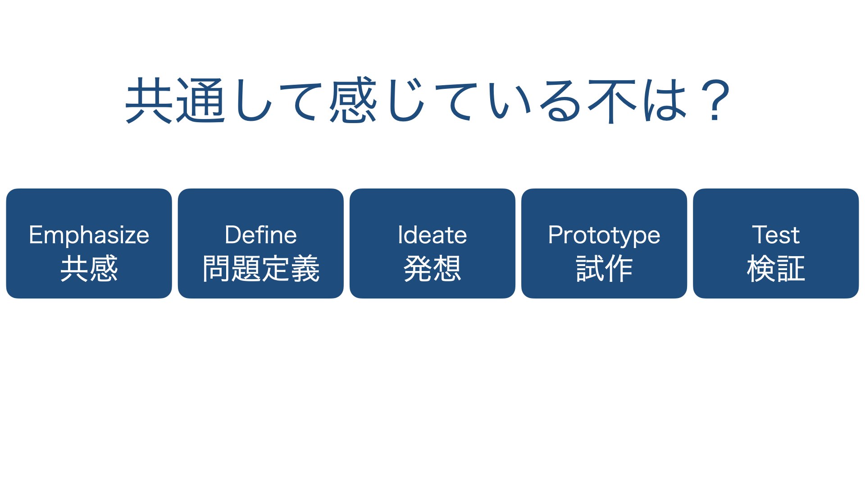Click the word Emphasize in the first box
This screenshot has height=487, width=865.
[x=89, y=235]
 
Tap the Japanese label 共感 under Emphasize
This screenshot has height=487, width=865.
[x=89, y=269]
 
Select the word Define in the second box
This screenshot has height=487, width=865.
[x=260, y=235]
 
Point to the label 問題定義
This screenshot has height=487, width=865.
[x=261, y=269]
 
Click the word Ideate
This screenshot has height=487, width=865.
[x=432, y=235]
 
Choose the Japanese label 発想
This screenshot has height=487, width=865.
[x=432, y=269]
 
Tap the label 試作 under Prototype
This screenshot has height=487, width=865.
[x=604, y=269]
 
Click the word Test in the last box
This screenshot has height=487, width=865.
[x=775, y=235]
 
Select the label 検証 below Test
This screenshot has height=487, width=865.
[x=775, y=269]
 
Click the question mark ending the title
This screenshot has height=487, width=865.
[x=715, y=101]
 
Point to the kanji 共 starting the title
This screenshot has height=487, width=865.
[x=149, y=100]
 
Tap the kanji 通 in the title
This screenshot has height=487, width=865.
[x=200, y=100]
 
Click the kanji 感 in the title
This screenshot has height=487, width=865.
[x=353, y=100]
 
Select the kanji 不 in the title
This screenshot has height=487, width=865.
[x=611, y=101]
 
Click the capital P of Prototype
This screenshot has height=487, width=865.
[x=555, y=235]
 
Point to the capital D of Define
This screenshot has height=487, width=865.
[x=234, y=235]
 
